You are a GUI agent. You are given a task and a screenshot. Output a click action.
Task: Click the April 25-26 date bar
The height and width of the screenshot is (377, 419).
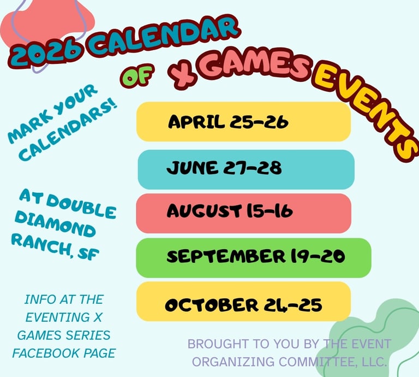coord(243,122)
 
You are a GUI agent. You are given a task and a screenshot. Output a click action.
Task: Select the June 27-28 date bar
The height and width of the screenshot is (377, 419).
coord(246,169)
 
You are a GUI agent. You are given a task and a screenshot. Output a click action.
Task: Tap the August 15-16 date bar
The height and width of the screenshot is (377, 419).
coord(243,213)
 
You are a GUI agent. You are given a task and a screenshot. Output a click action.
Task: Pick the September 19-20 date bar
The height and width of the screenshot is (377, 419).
coord(254,258)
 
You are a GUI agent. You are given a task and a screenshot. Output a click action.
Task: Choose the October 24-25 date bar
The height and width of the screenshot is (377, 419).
coord(243,301)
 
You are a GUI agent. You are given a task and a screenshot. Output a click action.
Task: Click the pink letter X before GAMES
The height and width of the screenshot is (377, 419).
coord(183,76)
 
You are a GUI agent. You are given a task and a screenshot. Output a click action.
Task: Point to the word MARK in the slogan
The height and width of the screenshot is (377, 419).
coord(26,129)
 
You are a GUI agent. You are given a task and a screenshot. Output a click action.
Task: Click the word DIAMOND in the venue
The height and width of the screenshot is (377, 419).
coord(55,224)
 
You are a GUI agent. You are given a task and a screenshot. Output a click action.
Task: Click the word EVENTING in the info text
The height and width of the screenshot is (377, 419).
coord(57,317)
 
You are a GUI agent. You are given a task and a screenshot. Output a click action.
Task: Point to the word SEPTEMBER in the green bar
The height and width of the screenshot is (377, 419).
coord(226,256)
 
